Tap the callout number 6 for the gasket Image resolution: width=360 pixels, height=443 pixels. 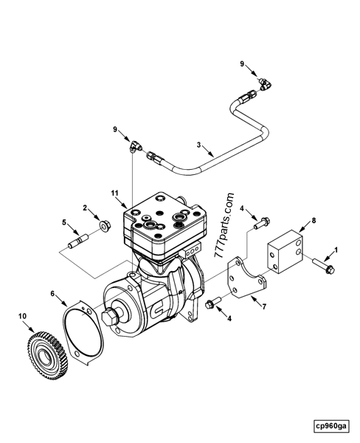(x=52, y=293)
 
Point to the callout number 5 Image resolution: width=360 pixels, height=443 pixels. (x=64, y=221)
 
